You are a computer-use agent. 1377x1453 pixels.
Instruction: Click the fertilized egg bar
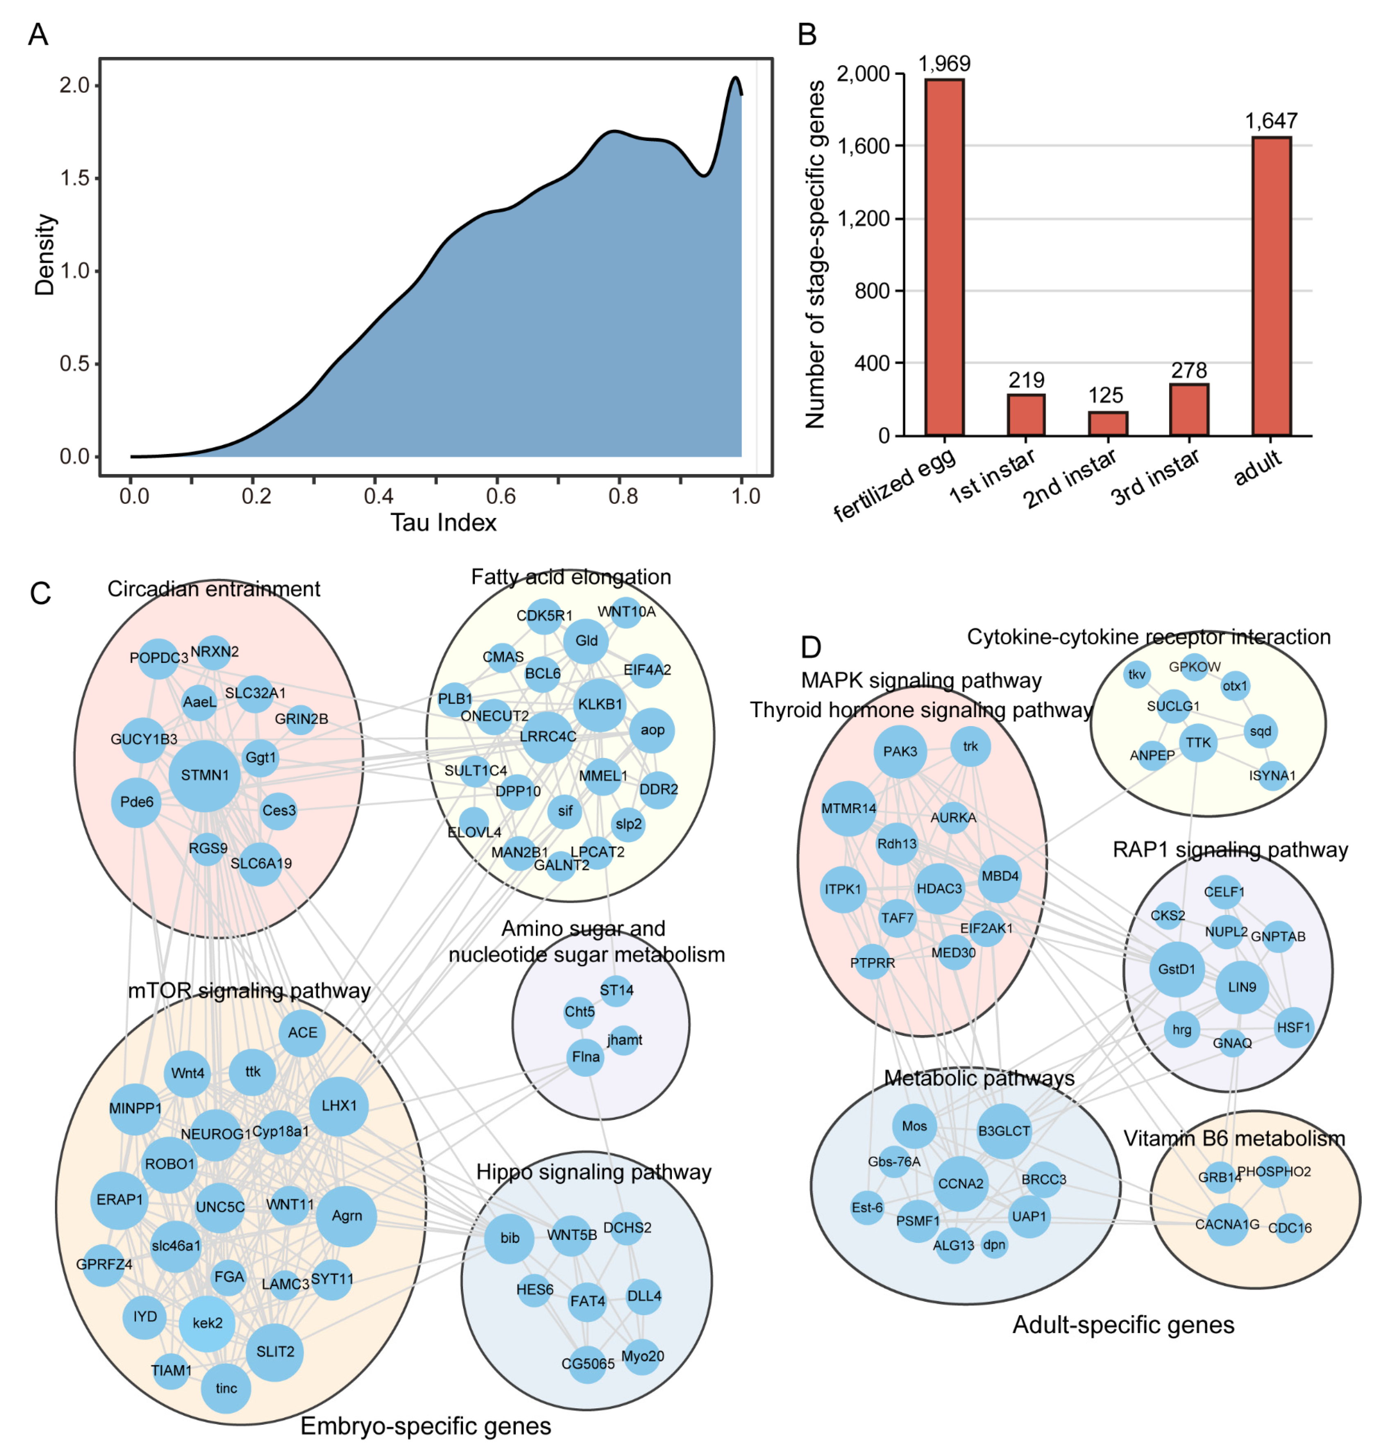(x=944, y=257)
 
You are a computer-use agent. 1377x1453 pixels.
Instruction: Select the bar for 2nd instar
(x=1107, y=424)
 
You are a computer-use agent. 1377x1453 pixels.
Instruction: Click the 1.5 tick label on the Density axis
(x=74, y=178)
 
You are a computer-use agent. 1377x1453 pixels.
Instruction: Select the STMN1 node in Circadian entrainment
(x=205, y=775)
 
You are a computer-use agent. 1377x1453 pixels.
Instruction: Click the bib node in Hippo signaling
(x=509, y=1238)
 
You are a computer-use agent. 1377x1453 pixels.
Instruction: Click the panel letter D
(x=810, y=647)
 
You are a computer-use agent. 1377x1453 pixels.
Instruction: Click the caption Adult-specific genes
(x=1123, y=1324)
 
